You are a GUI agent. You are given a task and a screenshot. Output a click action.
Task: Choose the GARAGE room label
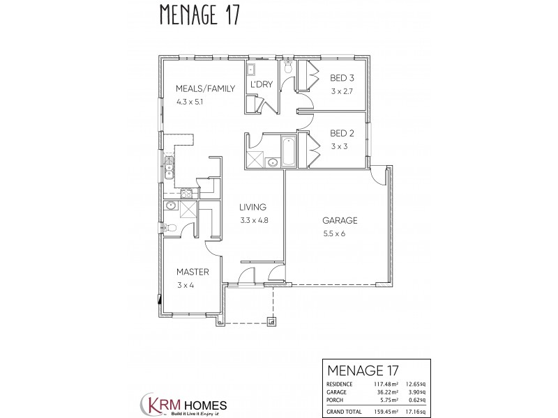(x=335, y=221)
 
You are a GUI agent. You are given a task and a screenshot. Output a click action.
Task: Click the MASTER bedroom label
(x=188, y=272)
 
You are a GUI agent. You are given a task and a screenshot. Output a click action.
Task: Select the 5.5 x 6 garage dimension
(x=334, y=234)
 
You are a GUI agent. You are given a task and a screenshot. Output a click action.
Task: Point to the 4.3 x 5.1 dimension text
(x=190, y=102)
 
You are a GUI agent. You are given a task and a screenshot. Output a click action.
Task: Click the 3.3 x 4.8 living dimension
(x=254, y=220)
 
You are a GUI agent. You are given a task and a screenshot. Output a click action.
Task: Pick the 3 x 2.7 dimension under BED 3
(x=343, y=91)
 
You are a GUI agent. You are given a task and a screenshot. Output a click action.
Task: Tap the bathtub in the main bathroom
(x=288, y=151)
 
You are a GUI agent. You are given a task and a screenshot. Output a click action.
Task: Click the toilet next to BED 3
(x=288, y=69)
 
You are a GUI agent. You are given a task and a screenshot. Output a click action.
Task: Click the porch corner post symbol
(x=272, y=321)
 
